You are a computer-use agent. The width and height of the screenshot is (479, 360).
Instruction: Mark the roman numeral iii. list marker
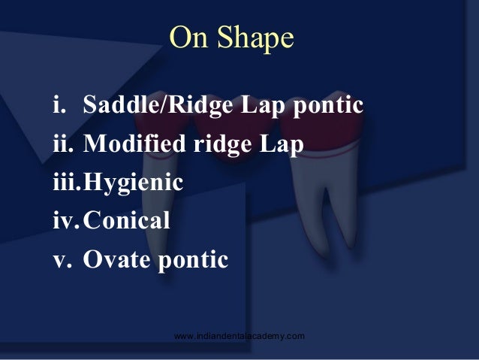66,183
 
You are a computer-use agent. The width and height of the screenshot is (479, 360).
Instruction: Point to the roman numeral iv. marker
65,222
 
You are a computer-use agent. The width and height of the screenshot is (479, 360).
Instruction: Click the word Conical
127,222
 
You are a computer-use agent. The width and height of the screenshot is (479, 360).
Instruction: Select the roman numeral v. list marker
60,260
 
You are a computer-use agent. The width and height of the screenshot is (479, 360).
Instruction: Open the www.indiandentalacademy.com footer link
239,335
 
